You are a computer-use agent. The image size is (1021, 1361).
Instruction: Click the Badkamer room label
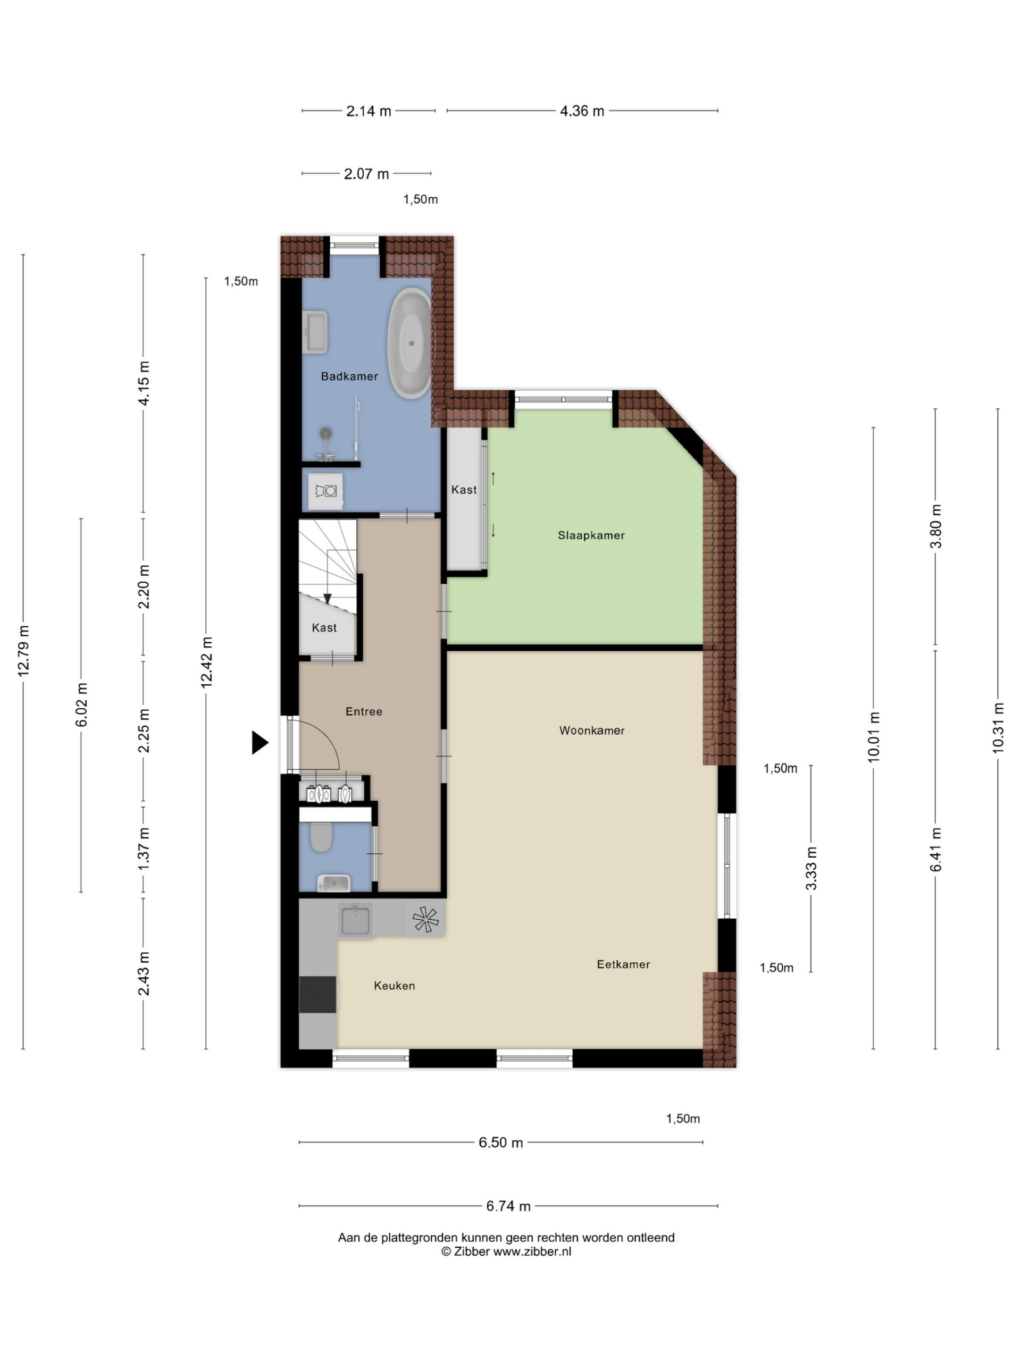[349, 376]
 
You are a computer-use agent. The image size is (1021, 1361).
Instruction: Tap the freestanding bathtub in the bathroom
[409, 343]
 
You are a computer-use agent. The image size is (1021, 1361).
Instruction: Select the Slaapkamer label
[591, 535]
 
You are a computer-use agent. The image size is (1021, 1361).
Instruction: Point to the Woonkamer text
[591, 730]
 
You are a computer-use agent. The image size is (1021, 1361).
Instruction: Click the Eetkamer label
[623, 964]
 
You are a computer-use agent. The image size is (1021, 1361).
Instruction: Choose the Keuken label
[394, 986]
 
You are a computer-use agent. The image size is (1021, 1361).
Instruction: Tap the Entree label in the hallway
[364, 711]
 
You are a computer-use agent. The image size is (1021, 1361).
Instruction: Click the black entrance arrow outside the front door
[260, 742]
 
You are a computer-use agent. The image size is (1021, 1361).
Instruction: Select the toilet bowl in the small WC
[321, 837]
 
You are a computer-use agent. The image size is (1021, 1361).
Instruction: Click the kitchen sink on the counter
[355, 920]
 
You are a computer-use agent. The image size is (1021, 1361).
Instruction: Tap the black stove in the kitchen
[317, 994]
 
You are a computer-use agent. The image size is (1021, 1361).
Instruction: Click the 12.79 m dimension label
[23, 651]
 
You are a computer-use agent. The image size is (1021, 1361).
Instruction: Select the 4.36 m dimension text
[582, 111]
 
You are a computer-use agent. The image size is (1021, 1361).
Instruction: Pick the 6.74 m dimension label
[508, 1206]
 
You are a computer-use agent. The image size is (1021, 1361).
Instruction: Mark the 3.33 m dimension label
[811, 868]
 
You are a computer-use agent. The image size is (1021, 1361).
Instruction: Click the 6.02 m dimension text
[81, 704]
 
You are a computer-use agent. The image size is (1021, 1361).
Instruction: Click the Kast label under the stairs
[324, 627]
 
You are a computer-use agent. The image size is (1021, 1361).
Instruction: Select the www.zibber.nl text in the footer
[532, 1251]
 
